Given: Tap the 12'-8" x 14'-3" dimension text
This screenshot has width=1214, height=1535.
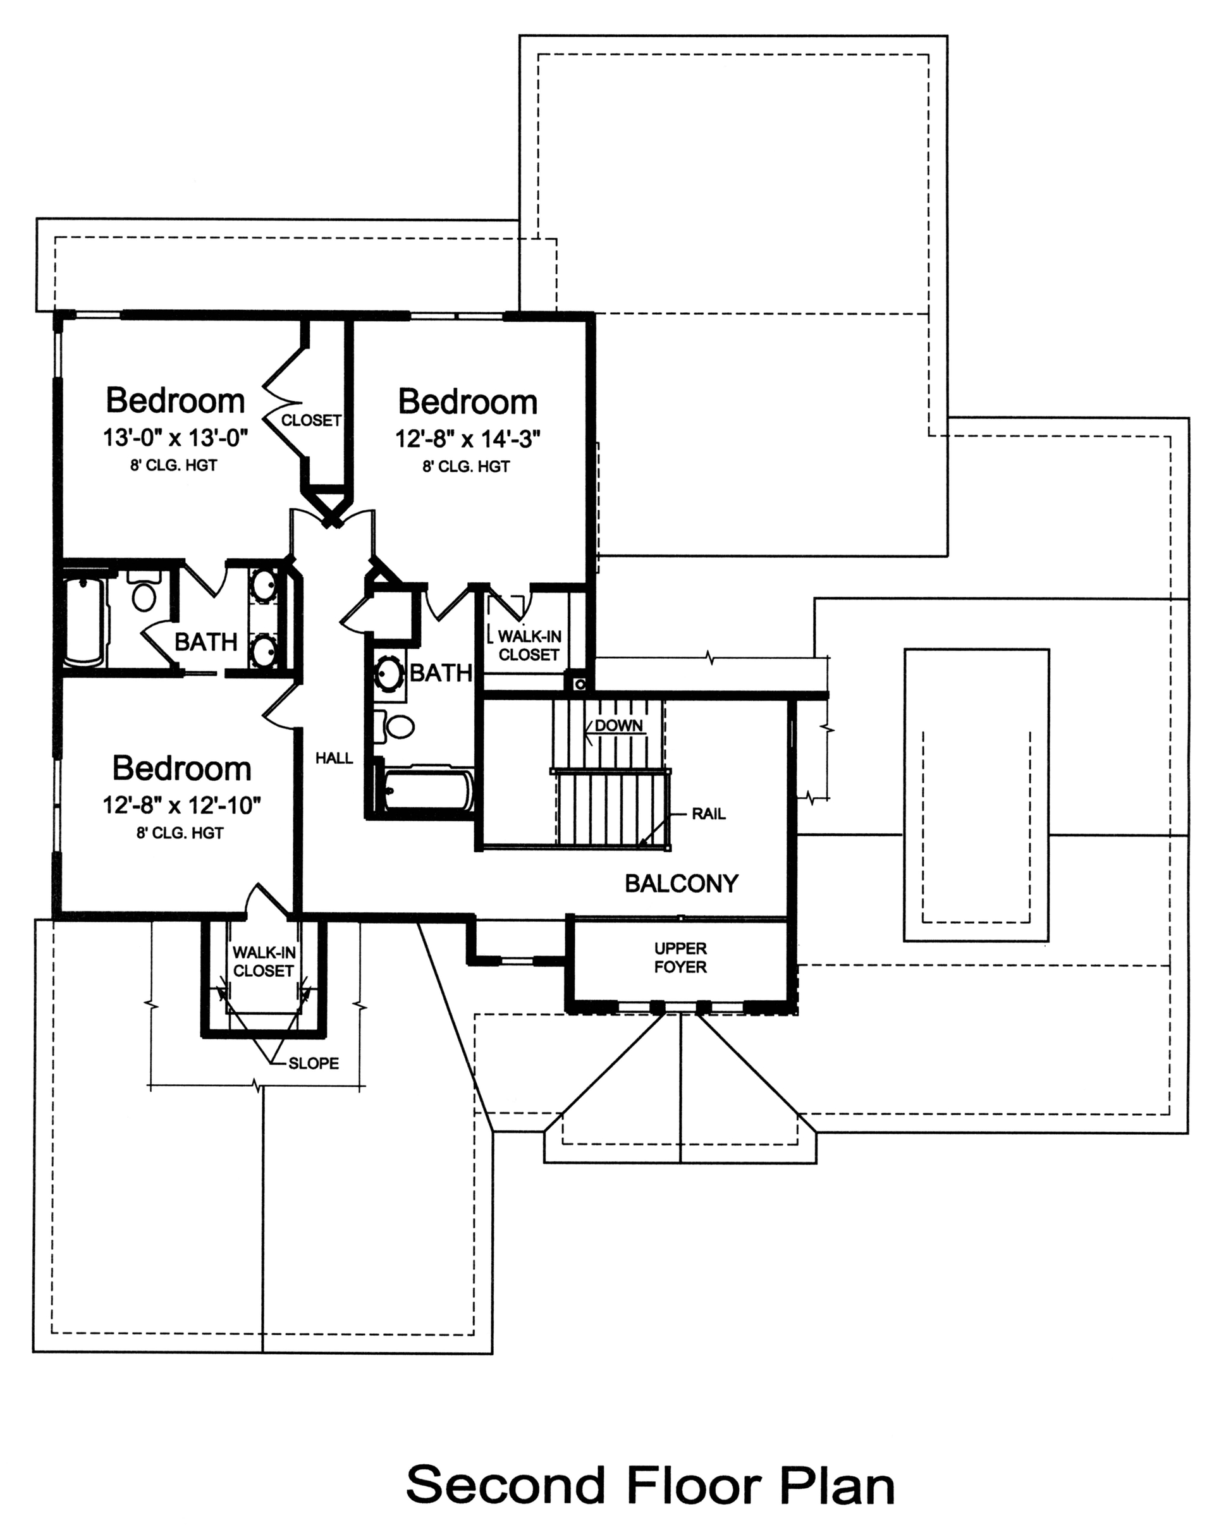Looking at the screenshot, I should [x=468, y=439].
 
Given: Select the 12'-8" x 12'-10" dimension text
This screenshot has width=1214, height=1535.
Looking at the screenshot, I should [x=182, y=805].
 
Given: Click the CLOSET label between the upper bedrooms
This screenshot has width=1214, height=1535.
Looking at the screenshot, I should [x=311, y=420].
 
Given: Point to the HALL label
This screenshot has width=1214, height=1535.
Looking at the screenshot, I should [x=334, y=758].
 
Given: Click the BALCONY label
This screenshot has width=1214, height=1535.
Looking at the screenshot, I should [x=681, y=883].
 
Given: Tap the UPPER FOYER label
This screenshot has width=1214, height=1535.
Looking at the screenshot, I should [x=680, y=958].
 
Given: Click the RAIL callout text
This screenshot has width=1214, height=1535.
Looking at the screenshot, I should [x=709, y=814].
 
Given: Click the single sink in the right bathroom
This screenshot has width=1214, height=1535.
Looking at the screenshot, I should [x=389, y=674].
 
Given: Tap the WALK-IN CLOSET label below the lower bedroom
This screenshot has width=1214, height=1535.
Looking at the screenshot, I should [x=264, y=962].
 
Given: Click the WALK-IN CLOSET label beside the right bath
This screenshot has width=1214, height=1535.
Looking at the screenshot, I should [x=529, y=645].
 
